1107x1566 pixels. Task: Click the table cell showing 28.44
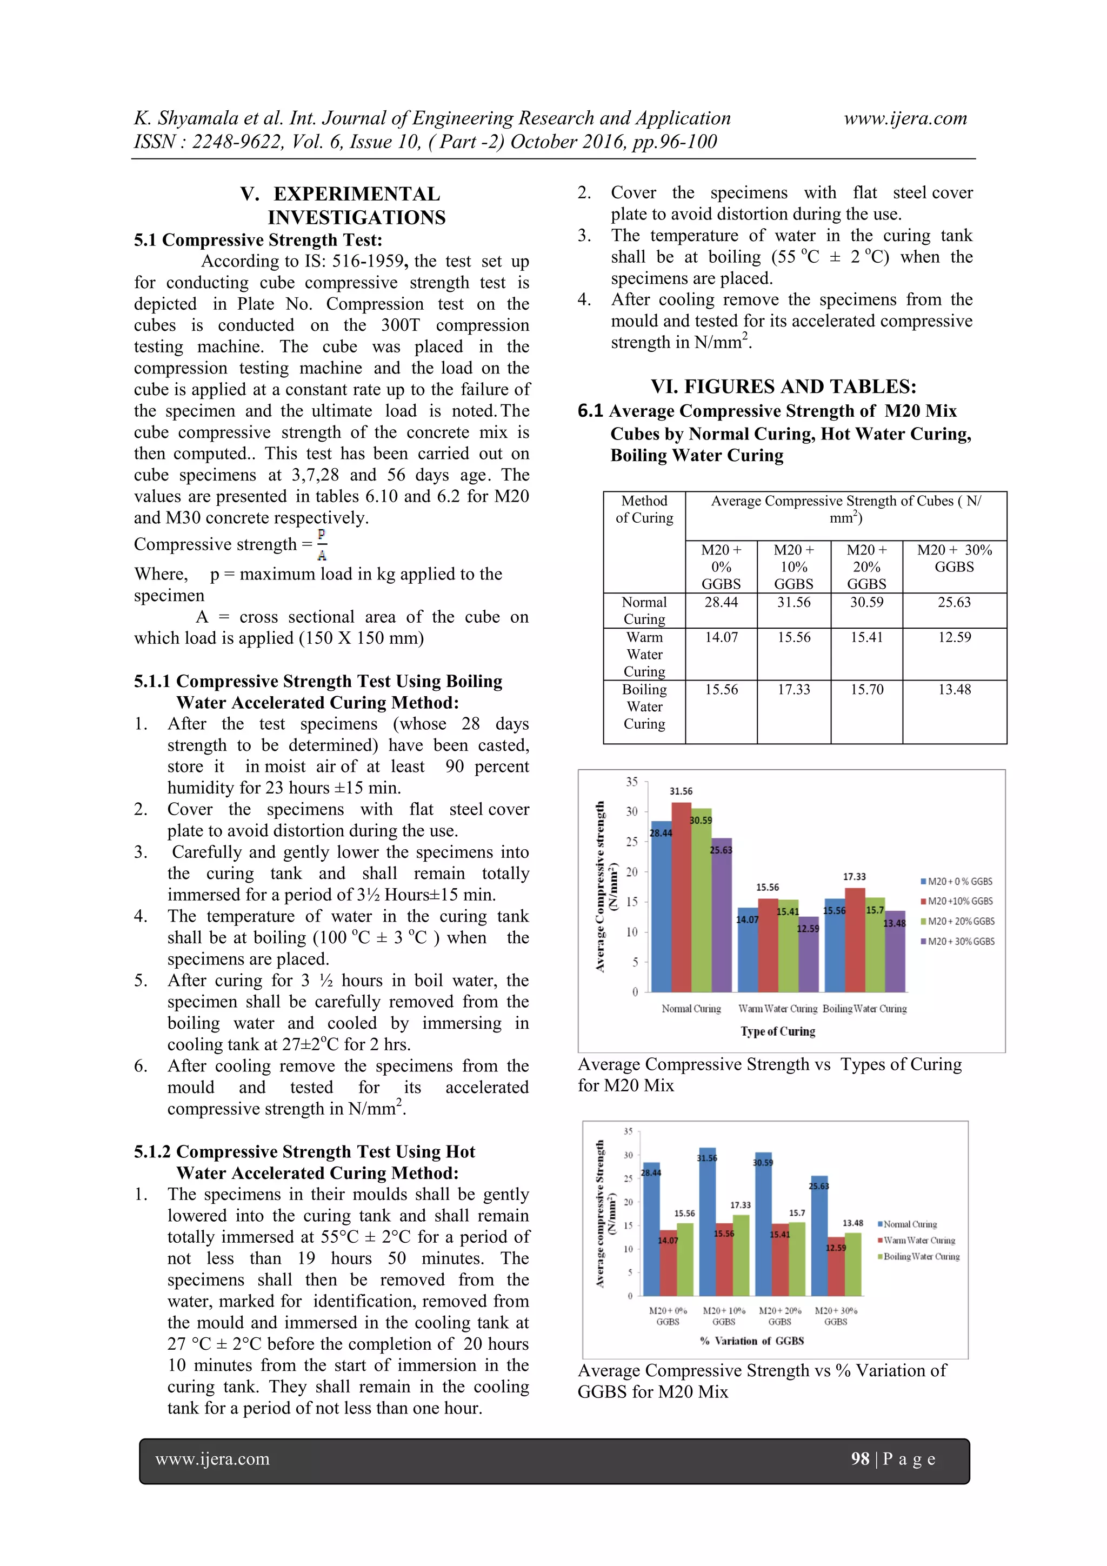click(x=721, y=602)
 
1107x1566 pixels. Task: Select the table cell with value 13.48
click(x=953, y=690)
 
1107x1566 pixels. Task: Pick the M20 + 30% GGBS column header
click(x=953, y=558)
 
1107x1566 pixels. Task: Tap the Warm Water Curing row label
click(x=644, y=654)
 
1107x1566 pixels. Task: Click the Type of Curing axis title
click(x=778, y=1031)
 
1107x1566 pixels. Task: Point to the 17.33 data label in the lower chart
click(x=740, y=1205)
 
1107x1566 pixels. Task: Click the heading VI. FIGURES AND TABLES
click(x=783, y=386)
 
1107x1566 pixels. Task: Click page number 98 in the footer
click(x=859, y=1458)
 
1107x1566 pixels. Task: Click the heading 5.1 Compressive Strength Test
click(x=258, y=240)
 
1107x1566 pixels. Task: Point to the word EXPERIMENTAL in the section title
click(x=357, y=195)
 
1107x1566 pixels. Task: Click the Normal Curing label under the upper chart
click(x=690, y=1009)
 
